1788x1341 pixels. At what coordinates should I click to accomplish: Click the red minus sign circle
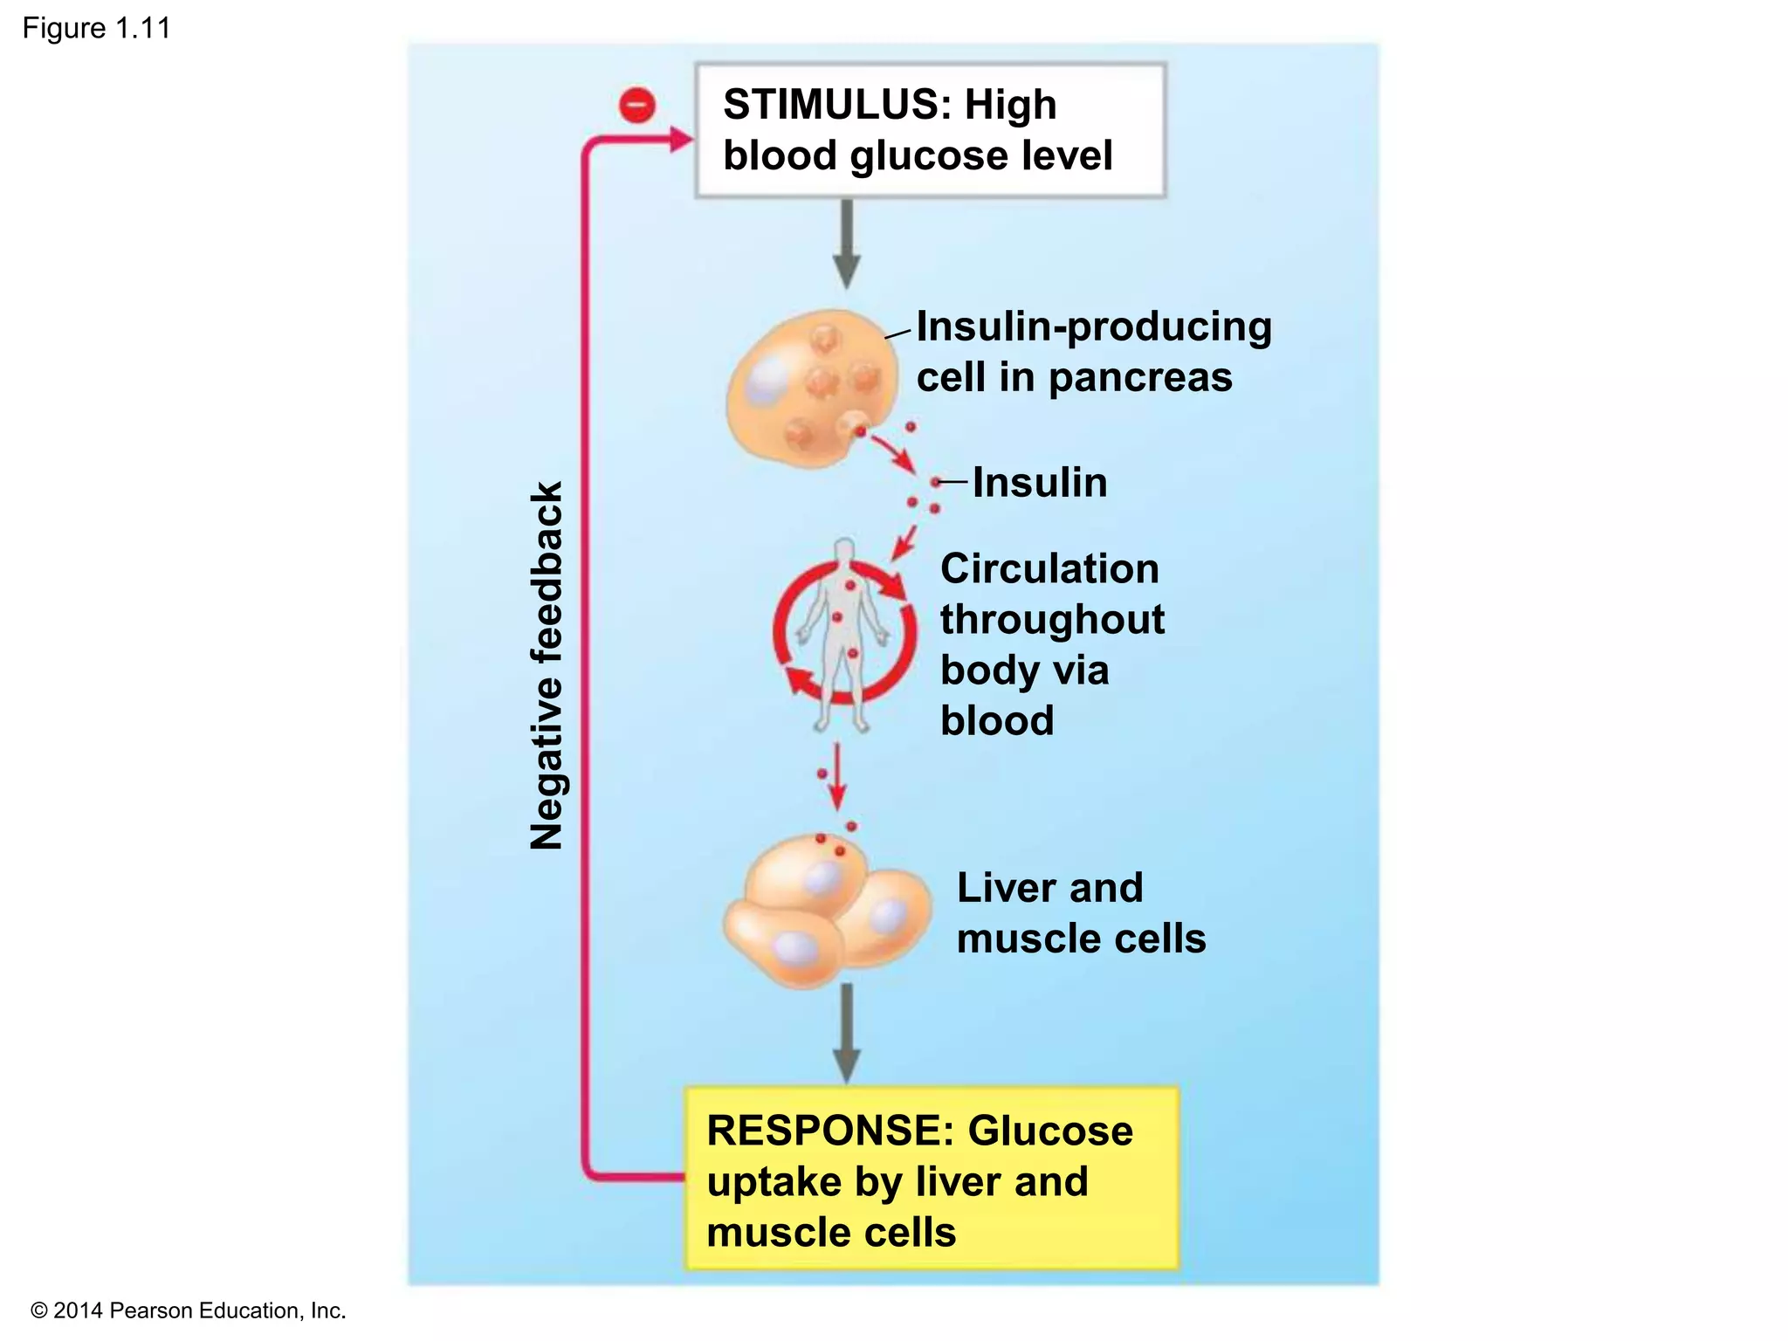click(x=636, y=106)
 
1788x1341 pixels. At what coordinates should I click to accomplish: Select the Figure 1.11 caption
click(x=96, y=29)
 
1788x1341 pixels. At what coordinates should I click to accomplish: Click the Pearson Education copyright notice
click(x=188, y=1310)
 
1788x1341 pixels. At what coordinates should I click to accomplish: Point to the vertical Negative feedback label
click(x=547, y=665)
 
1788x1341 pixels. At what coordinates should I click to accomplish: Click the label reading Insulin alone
click(x=1039, y=483)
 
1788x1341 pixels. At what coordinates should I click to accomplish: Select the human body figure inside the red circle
click(x=843, y=633)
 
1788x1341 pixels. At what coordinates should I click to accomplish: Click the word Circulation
click(x=1049, y=569)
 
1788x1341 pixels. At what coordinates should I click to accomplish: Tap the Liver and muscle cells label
click(x=1080, y=913)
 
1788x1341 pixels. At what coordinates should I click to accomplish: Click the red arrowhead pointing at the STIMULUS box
click(x=679, y=139)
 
